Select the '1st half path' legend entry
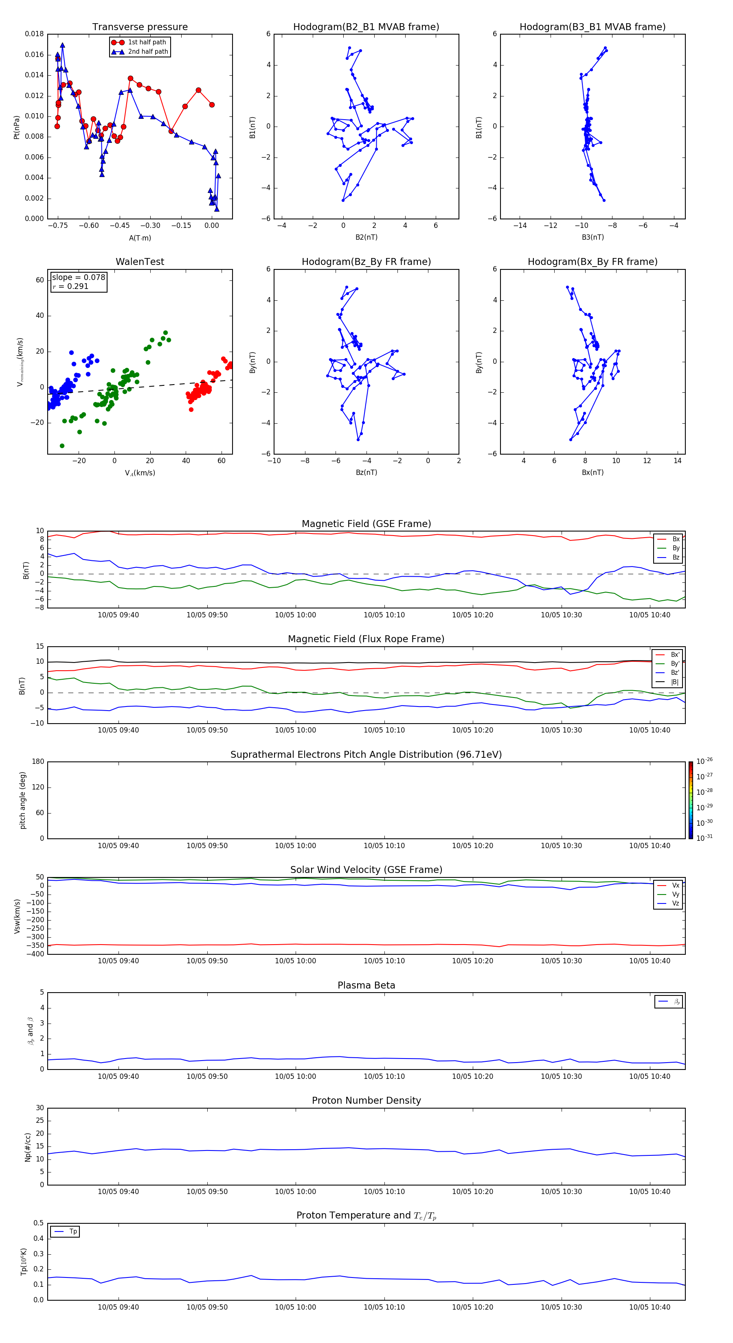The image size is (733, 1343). (147, 42)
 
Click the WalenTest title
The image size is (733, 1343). (140, 262)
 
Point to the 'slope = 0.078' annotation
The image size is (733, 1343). (78, 278)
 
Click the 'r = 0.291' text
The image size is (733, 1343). (70, 286)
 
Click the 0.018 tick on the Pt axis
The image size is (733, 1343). (35, 34)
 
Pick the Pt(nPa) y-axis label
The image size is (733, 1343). (17, 127)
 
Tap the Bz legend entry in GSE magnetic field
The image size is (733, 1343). (676, 557)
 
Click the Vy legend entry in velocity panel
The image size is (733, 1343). (676, 894)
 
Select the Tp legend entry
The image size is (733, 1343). (72, 1231)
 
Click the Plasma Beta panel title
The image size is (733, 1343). (366, 985)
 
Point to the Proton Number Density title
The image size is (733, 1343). (366, 1100)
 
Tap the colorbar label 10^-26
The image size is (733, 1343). (704, 761)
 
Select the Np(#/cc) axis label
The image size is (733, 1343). (28, 1146)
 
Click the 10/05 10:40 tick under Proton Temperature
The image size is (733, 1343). (650, 1307)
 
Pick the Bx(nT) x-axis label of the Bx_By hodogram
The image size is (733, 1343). (592, 472)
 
